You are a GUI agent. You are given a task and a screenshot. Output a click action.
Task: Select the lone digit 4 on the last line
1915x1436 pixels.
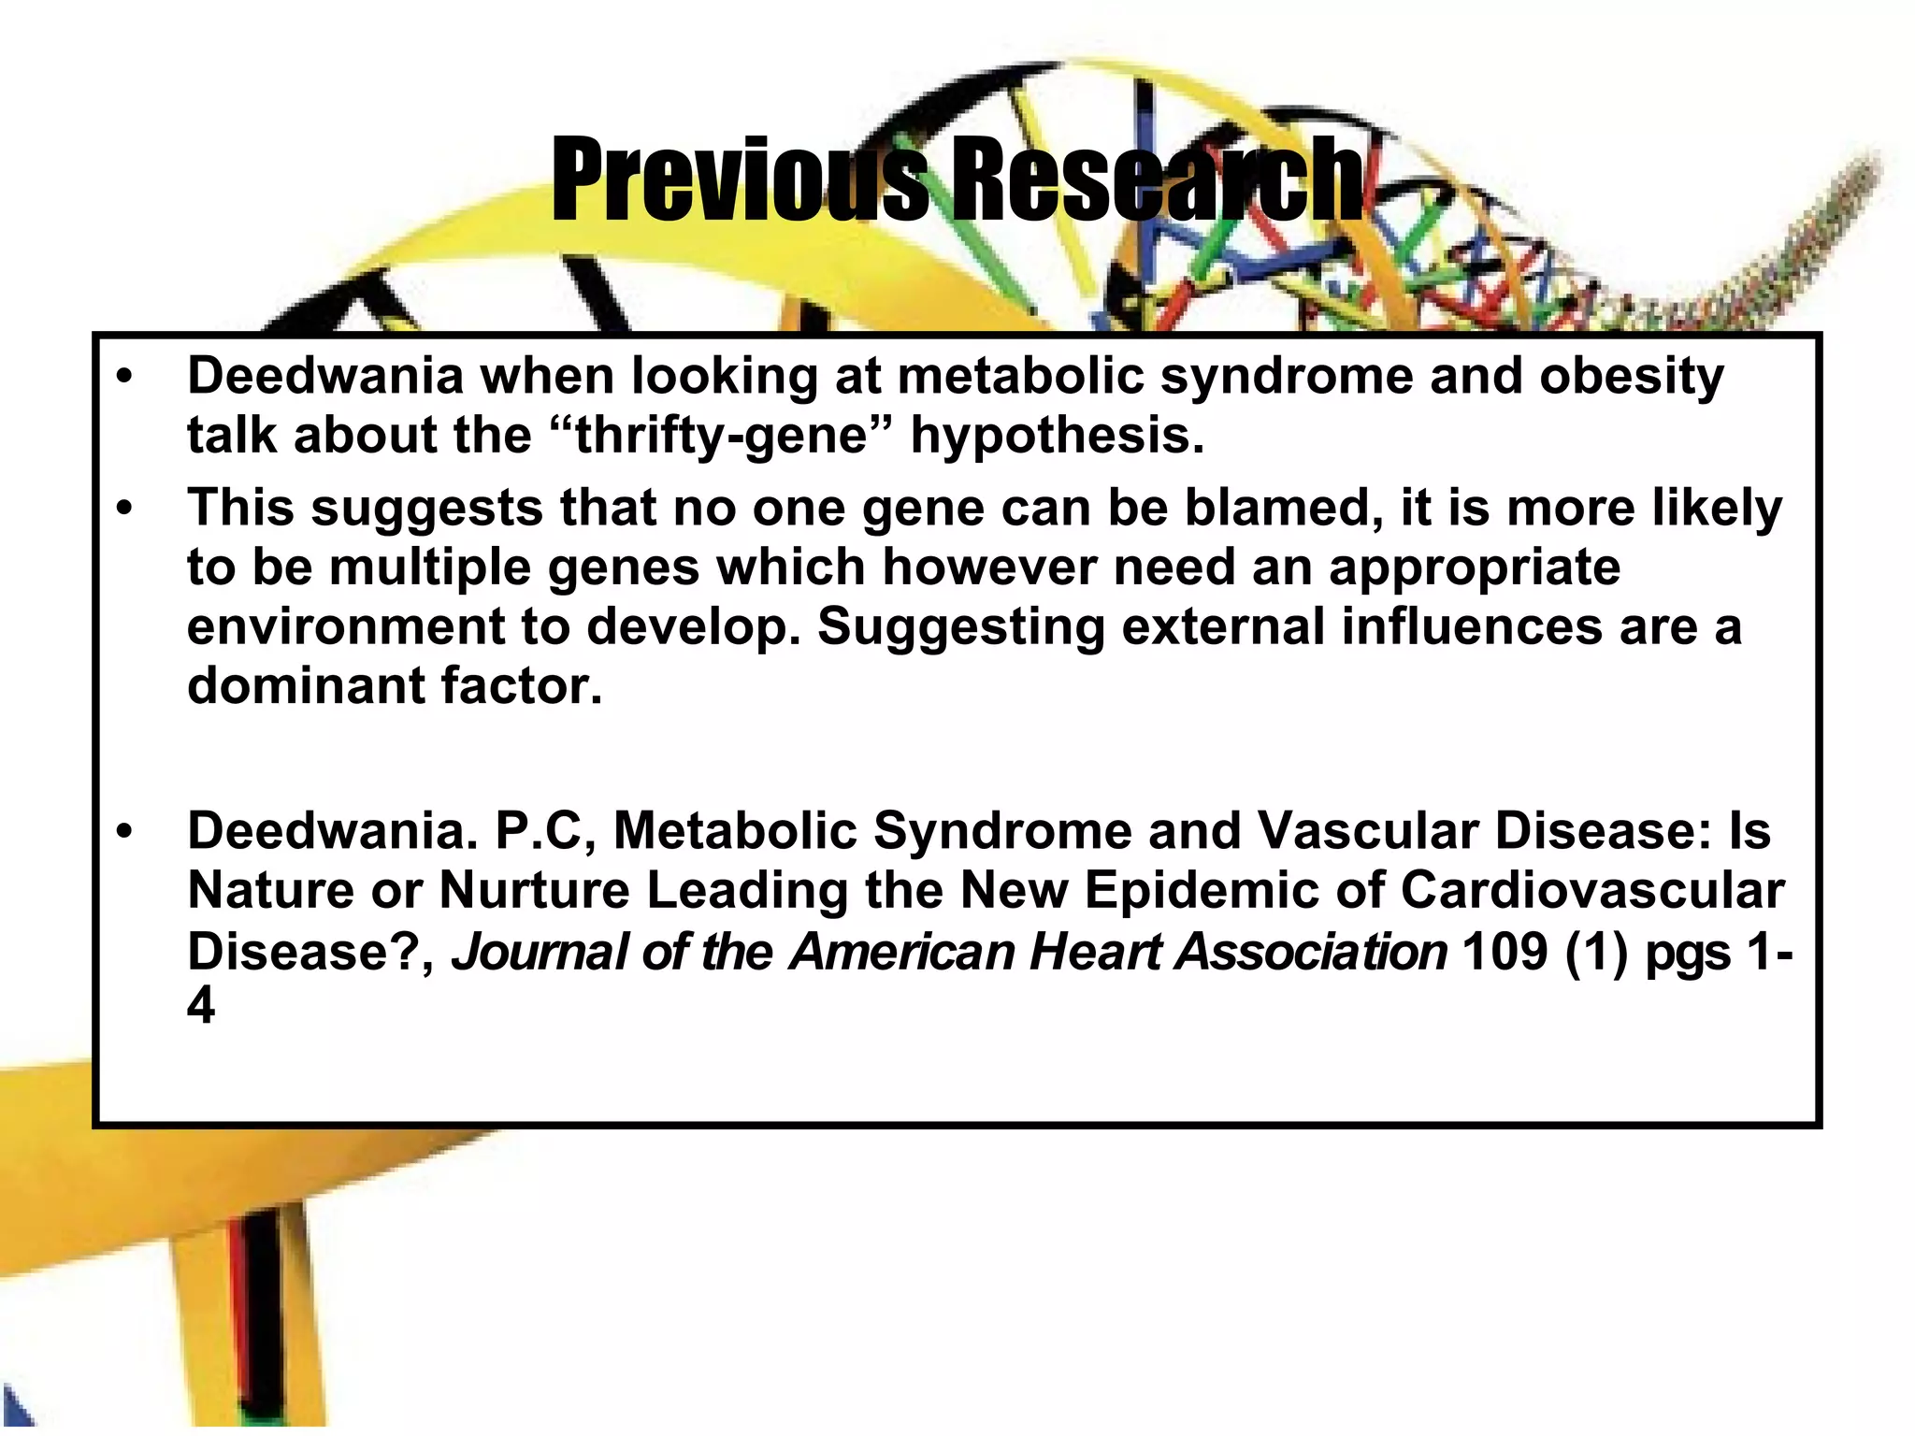tap(200, 1008)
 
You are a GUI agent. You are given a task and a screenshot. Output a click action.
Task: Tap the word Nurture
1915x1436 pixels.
tap(535, 890)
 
